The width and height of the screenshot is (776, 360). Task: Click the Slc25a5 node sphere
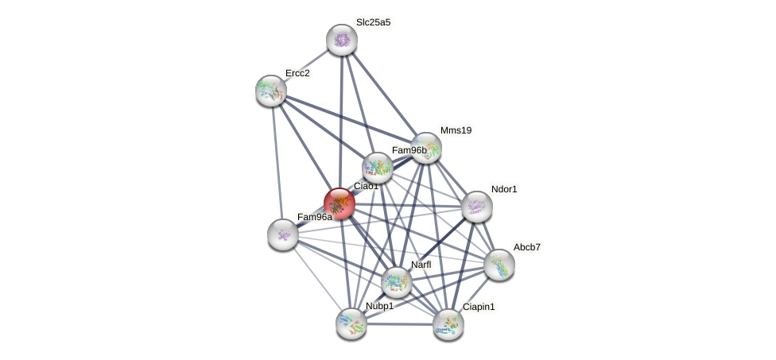pyautogui.click(x=342, y=40)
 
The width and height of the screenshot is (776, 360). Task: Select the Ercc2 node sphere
pyautogui.click(x=271, y=91)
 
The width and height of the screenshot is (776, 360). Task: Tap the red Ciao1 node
pyautogui.click(x=339, y=203)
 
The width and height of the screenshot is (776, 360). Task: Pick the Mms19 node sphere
pyautogui.click(x=426, y=148)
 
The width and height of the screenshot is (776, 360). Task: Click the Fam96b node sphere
pyautogui.click(x=378, y=168)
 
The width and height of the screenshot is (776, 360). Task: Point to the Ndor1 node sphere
pyautogui.click(x=477, y=207)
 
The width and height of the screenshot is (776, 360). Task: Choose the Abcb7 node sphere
pyautogui.click(x=499, y=265)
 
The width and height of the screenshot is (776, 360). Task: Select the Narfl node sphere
pyautogui.click(x=397, y=281)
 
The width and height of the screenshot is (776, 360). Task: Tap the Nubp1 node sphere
pyautogui.click(x=351, y=323)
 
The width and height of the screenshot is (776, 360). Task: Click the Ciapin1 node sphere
pyautogui.click(x=448, y=323)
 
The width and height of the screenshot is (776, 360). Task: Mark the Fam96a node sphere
pyautogui.click(x=283, y=234)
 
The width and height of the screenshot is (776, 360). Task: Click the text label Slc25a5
pyautogui.click(x=373, y=22)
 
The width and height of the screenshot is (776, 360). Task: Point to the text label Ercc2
pyautogui.click(x=297, y=73)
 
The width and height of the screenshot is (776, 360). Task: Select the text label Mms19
pyautogui.click(x=456, y=130)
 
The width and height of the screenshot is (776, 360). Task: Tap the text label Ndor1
pyautogui.click(x=504, y=189)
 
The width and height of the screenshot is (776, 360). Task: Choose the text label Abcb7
pyautogui.click(x=526, y=247)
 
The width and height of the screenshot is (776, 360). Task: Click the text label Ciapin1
pyautogui.click(x=479, y=307)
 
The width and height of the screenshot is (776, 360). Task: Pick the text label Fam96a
pyautogui.click(x=315, y=217)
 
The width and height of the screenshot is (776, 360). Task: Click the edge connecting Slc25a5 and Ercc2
pyautogui.click(x=307, y=65)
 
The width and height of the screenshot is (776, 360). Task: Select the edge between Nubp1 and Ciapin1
pyautogui.click(x=400, y=324)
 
